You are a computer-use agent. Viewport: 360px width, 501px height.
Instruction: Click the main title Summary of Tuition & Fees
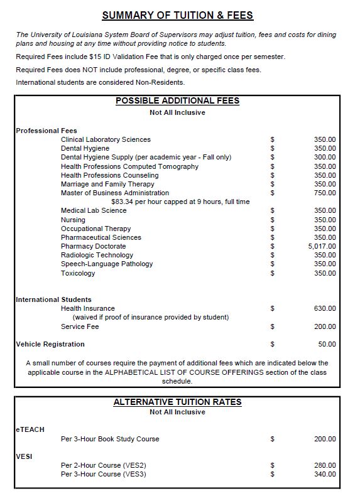coord(178,15)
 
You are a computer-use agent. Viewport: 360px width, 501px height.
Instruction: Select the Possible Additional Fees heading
coord(177,100)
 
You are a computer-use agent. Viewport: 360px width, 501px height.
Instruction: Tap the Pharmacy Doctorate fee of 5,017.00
coord(322,247)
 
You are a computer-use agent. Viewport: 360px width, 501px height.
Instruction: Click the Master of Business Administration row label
coord(114,193)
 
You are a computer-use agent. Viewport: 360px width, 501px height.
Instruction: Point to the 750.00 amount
coord(325,193)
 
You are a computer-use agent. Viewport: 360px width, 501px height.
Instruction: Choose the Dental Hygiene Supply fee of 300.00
coord(325,158)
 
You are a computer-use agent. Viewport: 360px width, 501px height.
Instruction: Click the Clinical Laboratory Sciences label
coord(106,139)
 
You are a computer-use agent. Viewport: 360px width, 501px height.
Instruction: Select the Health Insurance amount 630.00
coord(325,309)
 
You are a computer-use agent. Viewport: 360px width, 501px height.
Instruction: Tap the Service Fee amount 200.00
coord(325,327)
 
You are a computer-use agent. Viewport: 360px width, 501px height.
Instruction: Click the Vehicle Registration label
coord(50,345)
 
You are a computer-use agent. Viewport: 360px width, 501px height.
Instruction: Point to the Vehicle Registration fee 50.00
coord(327,345)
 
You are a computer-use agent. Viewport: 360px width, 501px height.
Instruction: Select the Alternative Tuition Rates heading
coord(177,402)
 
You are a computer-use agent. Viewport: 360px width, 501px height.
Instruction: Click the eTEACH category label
coord(30,429)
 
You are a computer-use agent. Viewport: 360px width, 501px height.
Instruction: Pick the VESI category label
coord(24,456)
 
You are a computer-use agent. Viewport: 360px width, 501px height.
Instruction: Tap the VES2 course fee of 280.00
coord(325,466)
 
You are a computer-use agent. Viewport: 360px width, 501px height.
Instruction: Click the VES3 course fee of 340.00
coord(325,475)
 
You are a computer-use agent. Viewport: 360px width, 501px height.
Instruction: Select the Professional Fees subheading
coord(46,131)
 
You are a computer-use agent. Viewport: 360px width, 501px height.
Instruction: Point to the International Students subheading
coord(53,300)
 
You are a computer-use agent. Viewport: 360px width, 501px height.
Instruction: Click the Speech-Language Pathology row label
coord(107,264)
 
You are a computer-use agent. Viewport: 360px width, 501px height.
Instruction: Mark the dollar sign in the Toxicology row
coord(272,274)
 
